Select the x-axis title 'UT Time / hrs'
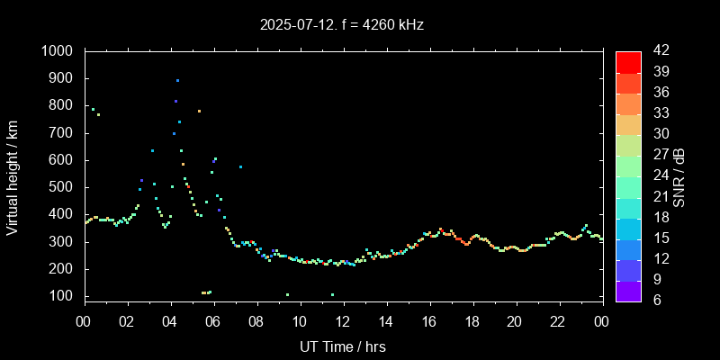point(343,346)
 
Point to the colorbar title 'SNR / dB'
point(679,175)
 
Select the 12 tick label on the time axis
point(343,321)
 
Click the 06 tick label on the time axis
point(214,321)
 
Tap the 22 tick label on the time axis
point(558,321)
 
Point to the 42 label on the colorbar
point(660,51)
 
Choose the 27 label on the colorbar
point(660,154)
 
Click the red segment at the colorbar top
point(628,61)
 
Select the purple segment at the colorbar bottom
point(628,290)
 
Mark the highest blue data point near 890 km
point(177,81)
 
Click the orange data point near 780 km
point(199,111)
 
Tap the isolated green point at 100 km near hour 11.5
point(332,295)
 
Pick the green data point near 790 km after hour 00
point(93,109)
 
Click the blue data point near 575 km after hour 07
point(240,167)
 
